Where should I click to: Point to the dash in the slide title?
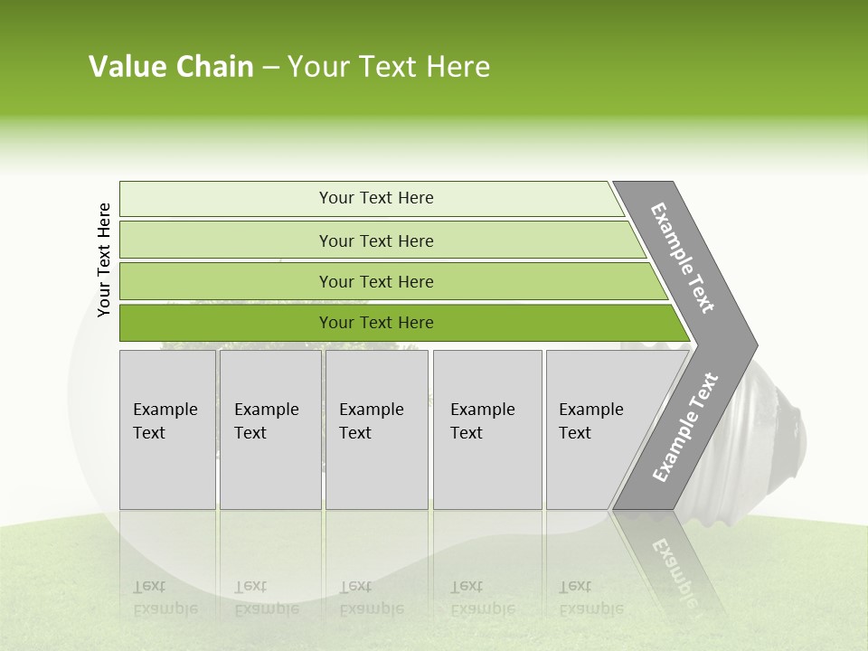(270, 68)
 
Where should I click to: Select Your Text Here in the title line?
(389, 67)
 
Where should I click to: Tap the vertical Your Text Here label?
(104, 259)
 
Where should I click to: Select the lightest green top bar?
(375, 198)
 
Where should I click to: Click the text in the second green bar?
(376, 241)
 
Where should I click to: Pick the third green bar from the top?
(376, 281)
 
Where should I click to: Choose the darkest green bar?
(376, 323)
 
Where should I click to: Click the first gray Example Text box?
(167, 429)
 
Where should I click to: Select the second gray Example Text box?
(270, 429)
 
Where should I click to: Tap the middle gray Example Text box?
(376, 429)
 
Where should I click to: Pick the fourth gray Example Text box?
(487, 429)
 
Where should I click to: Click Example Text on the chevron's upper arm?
(684, 258)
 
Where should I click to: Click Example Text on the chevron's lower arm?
(685, 427)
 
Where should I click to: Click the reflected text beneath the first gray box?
(165, 597)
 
